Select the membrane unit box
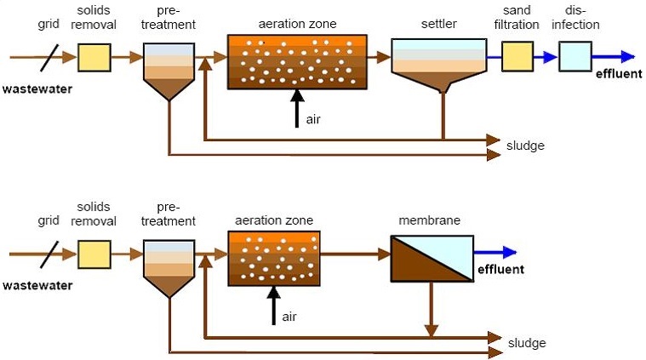pos(432,259)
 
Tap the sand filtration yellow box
pos(517,56)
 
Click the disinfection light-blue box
pos(575,56)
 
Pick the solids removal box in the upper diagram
pos(94,58)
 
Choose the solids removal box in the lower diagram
pos(94,254)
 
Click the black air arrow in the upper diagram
pos(297,108)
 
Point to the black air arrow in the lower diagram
pos(273,306)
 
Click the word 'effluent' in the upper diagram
pos(619,74)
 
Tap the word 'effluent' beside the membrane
pos(500,270)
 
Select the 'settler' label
pos(439,24)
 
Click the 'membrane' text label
pos(429,220)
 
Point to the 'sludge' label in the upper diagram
pos(525,146)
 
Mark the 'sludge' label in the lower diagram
pos(527,343)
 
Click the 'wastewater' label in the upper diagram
pos(37,89)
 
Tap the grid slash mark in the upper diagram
pos(49,58)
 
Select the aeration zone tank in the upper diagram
pos(297,62)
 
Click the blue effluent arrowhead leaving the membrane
pos(510,252)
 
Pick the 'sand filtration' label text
pos(517,17)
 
